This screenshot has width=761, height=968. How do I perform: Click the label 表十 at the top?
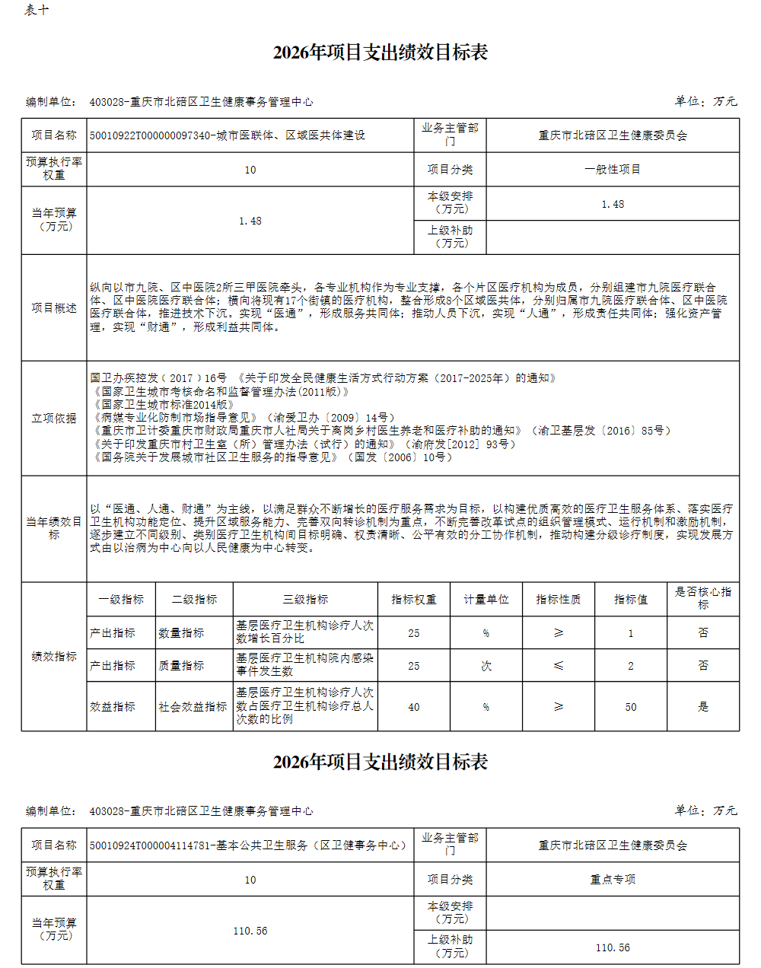pos(37,10)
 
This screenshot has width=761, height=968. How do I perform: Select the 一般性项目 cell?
pos(613,170)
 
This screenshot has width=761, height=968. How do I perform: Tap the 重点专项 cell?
pos(613,880)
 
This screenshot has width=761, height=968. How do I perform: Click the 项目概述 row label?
pos(54,307)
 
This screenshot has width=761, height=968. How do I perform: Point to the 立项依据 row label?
pos(54,418)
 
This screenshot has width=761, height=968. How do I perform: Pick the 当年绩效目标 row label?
pos(54,528)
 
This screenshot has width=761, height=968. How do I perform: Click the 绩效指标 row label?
pos(54,656)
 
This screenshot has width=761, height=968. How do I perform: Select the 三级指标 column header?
pos(305,600)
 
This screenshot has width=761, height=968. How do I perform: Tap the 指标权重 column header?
pos(414,600)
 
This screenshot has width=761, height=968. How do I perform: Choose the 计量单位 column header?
pos(486,600)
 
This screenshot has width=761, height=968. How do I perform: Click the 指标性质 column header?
pos(559,600)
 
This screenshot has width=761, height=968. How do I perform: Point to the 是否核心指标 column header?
pos(703,598)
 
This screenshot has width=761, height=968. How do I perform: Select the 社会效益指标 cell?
pos(193,707)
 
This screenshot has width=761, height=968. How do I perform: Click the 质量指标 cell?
pos(181,665)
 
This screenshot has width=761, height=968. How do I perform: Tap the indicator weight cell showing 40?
pos(414,707)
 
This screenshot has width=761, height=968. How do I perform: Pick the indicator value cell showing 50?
pos(631,707)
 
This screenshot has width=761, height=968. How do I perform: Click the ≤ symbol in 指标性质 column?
pos(559,665)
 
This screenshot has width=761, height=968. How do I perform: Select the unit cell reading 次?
pos(486,665)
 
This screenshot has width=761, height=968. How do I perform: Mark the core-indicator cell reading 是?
pos(703,707)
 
